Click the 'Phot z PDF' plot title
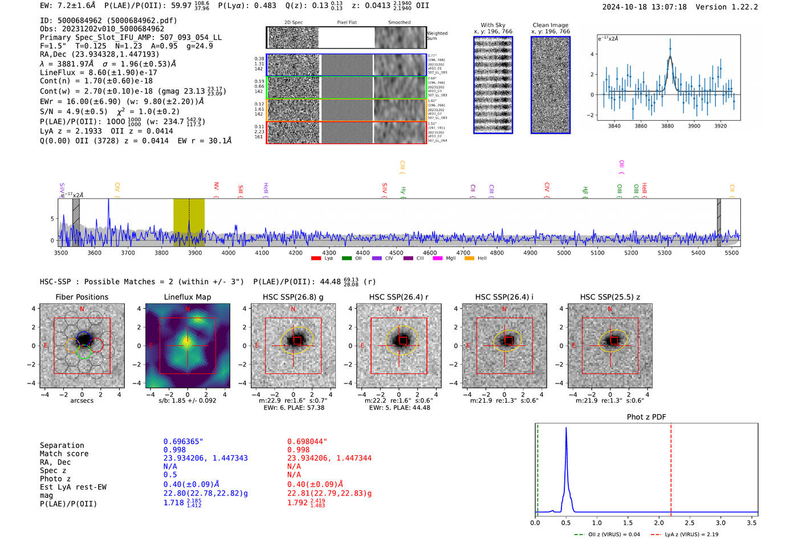(646, 417)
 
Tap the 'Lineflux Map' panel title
(187, 297)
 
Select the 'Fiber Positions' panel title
(82, 297)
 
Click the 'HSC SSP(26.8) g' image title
(293, 297)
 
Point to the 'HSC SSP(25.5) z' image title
(610, 297)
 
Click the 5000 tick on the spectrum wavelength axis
(564, 252)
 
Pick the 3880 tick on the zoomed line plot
(667, 126)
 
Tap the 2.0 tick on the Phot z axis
(659, 522)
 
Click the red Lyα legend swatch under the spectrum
(316, 258)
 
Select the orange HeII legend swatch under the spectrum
(470, 258)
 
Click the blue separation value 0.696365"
(183, 442)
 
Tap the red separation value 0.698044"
(307, 442)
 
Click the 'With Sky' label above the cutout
(493, 25)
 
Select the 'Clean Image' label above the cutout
(550, 25)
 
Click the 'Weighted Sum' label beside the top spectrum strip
(437, 36)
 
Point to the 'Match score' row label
(64, 454)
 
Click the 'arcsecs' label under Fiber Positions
(82, 401)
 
